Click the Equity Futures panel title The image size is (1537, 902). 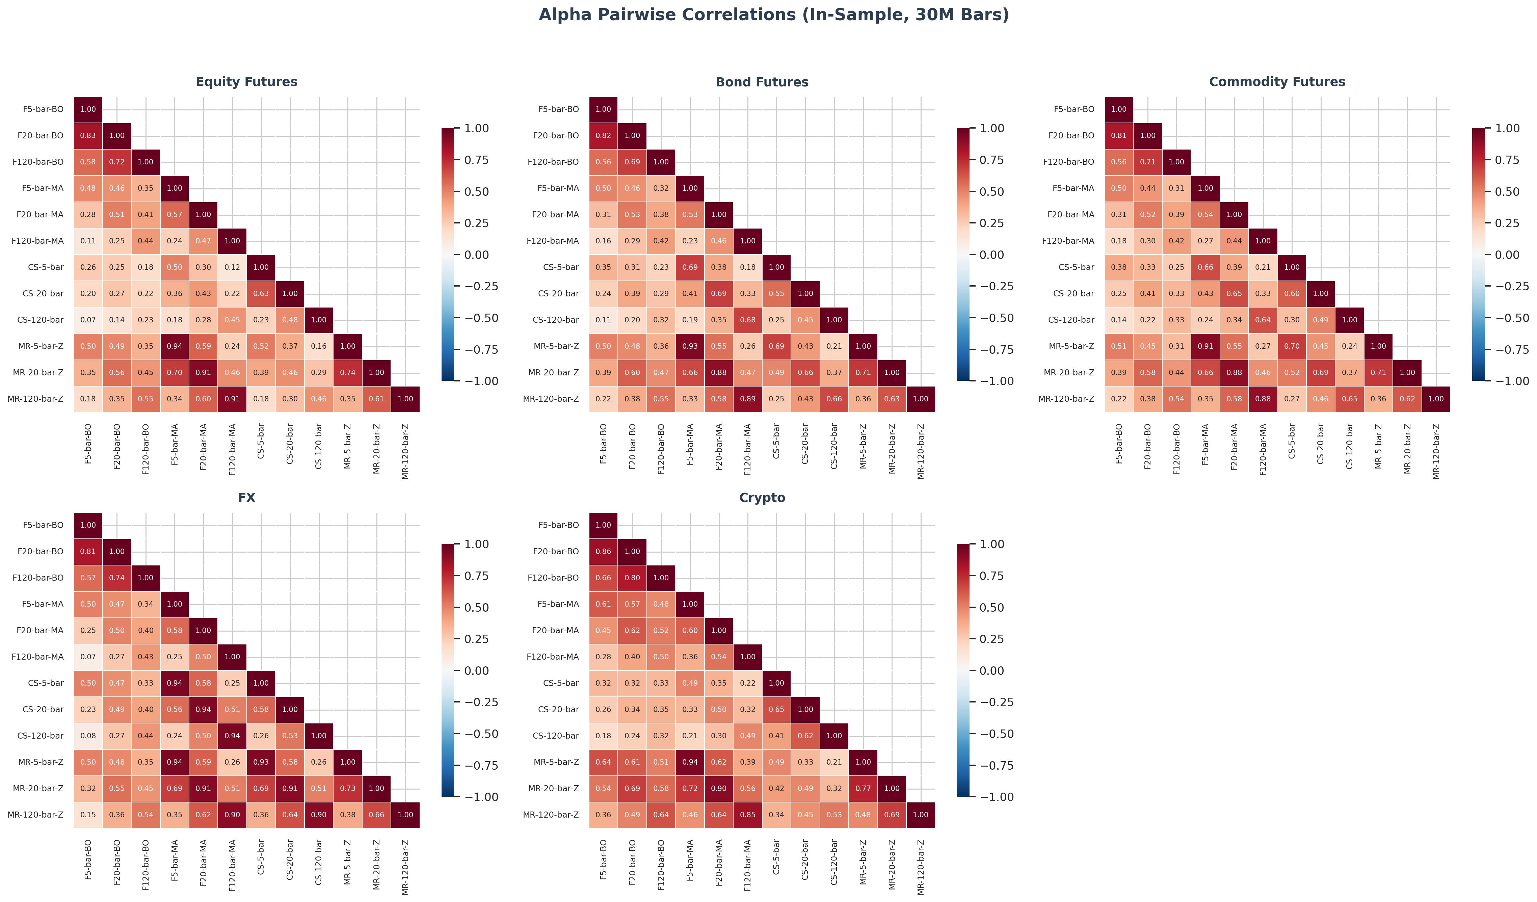coord(246,82)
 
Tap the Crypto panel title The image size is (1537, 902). coord(762,498)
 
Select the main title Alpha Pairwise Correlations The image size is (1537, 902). coord(773,15)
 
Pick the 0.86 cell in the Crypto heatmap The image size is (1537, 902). coord(603,551)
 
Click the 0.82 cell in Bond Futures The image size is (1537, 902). coord(603,135)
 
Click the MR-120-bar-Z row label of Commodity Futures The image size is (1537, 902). coord(1066,399)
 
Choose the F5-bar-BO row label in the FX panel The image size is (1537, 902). coord(43,525)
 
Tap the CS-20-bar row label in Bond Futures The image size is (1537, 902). coord(558,293)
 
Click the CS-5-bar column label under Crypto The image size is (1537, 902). coord(776,857)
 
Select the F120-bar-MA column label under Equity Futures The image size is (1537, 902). coord(232,449)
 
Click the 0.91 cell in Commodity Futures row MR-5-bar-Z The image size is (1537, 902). coord(1205,346)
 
